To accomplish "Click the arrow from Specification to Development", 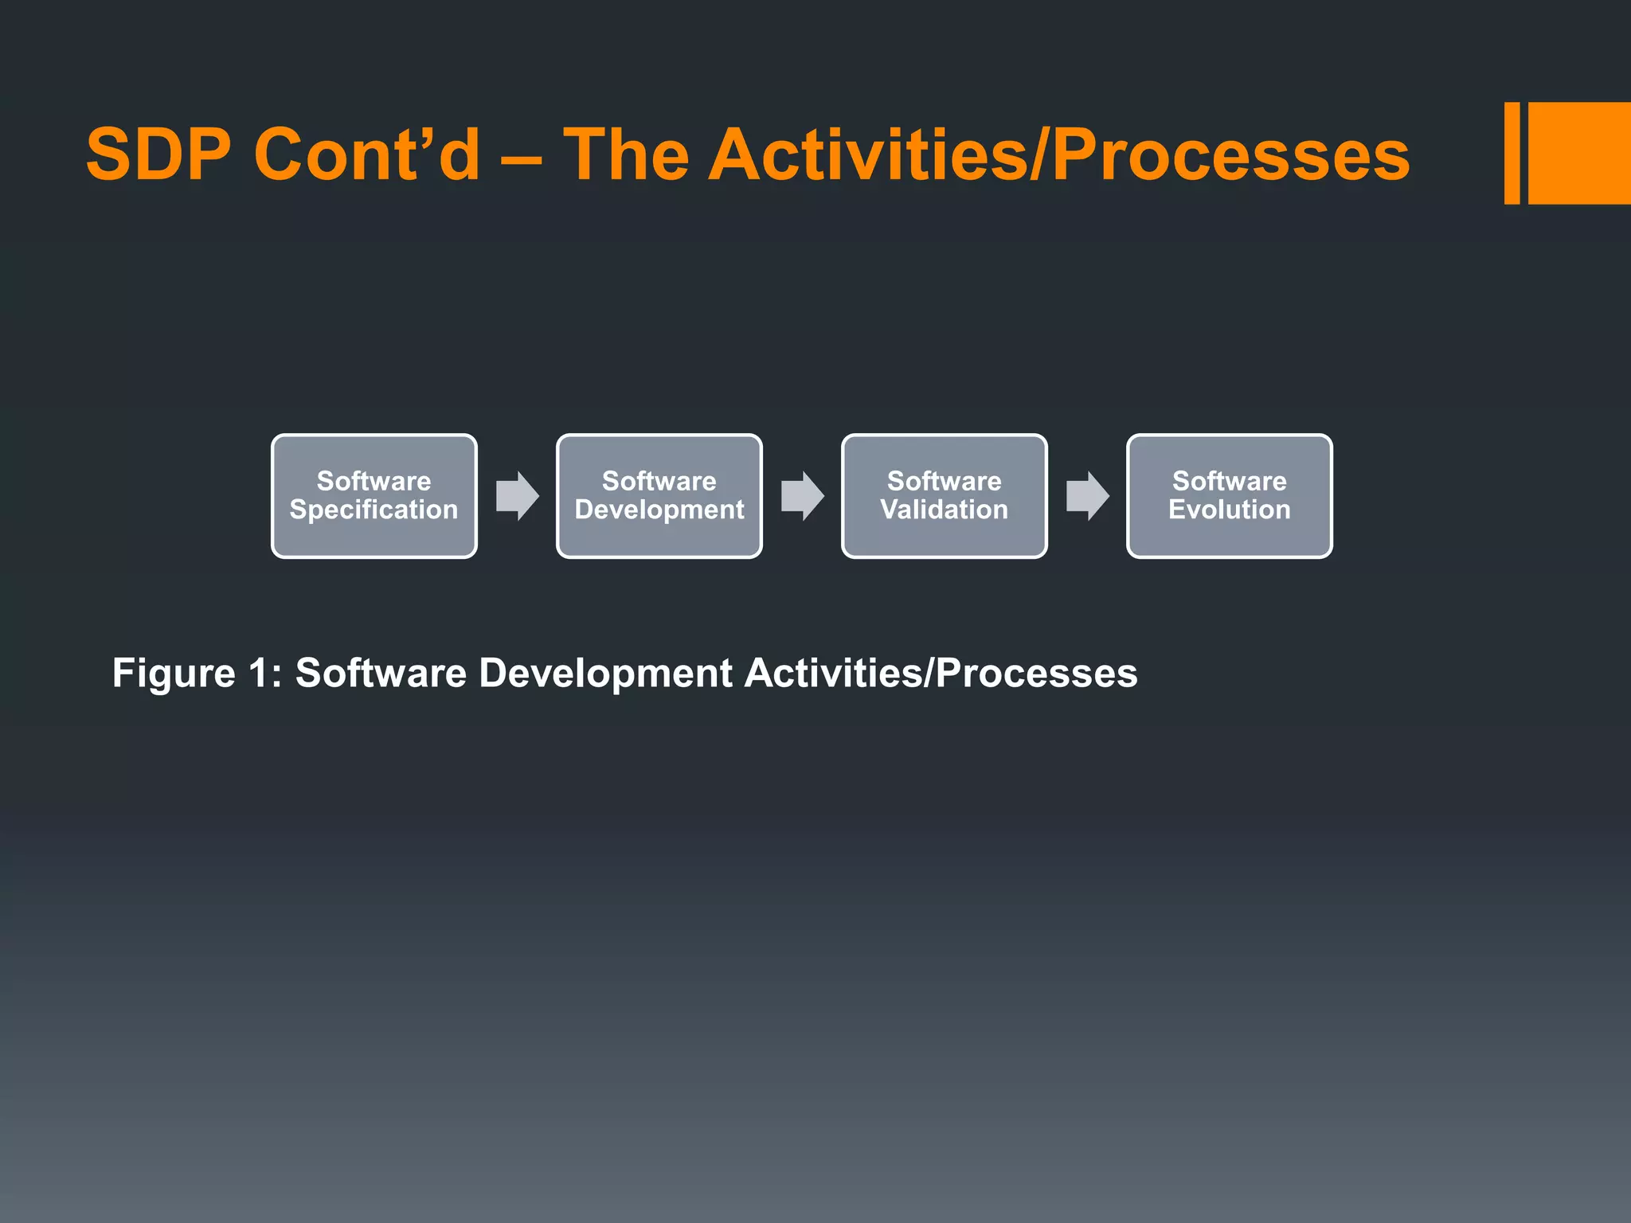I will tap(518, 496).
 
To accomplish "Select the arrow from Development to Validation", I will tap(803, 496).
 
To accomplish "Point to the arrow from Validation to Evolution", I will tap(1088, 496).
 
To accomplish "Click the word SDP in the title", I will tap(158, 154).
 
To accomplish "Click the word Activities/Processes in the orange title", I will tap(1058, 154).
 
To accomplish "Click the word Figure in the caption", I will tap(174, 674).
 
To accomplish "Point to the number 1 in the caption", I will tap(259, 674).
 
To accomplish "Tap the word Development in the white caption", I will tap(605, 674).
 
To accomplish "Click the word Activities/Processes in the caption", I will tap(941, 674).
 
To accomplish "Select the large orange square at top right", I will tap(1579, 153).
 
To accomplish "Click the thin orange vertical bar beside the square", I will tap(1512, 153).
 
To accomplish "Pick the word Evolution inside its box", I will tap(1229, 510).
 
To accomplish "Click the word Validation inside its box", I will tap(944, 510).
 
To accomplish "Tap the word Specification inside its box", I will tap(374, 510).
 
